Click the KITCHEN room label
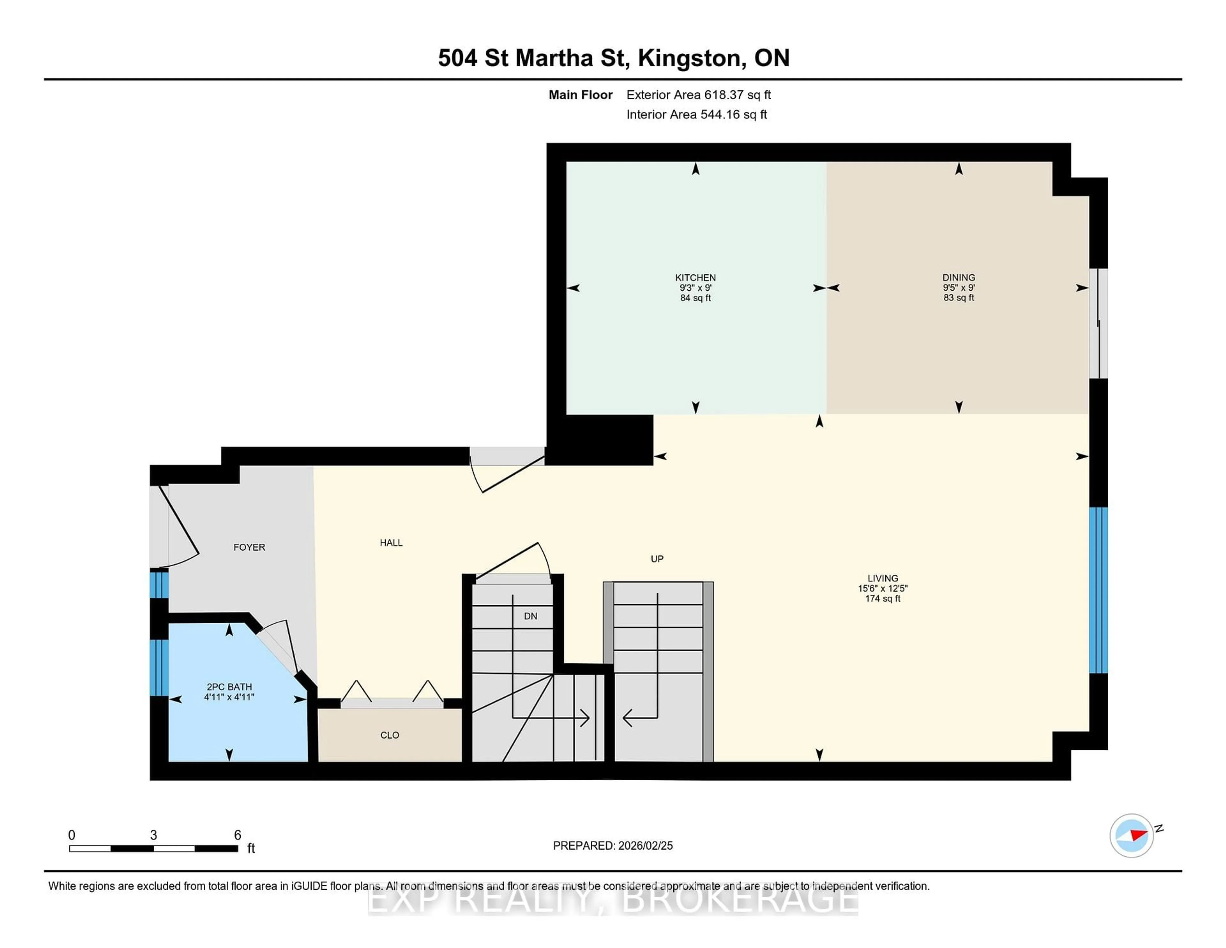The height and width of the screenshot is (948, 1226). [695, 278]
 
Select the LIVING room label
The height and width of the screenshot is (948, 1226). [882, 578]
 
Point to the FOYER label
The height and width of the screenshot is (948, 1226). [249, 547]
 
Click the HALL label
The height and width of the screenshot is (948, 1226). [391, 543]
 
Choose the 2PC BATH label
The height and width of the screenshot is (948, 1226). [229, 686]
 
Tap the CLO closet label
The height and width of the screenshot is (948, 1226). [390, 735]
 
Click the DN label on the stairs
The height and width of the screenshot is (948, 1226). [531, 616]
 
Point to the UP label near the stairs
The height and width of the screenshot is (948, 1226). [657, 559]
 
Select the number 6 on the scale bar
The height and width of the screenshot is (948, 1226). [238, 835]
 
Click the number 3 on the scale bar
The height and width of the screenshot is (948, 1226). [153, 835]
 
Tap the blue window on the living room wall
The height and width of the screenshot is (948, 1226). [1098, 590]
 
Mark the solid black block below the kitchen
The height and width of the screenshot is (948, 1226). [600, 440]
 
